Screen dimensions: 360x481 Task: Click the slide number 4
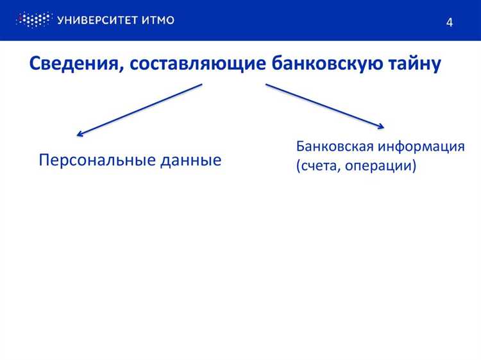point(450,22)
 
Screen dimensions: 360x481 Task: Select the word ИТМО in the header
point(159,20)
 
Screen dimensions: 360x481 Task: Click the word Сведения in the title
point(69,64)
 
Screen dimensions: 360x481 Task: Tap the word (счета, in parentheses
point(317,166)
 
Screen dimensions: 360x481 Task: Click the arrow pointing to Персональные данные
point(140,110)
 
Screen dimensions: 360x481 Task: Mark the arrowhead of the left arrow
point(80,133)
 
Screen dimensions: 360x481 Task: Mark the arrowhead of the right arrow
point(380,126)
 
